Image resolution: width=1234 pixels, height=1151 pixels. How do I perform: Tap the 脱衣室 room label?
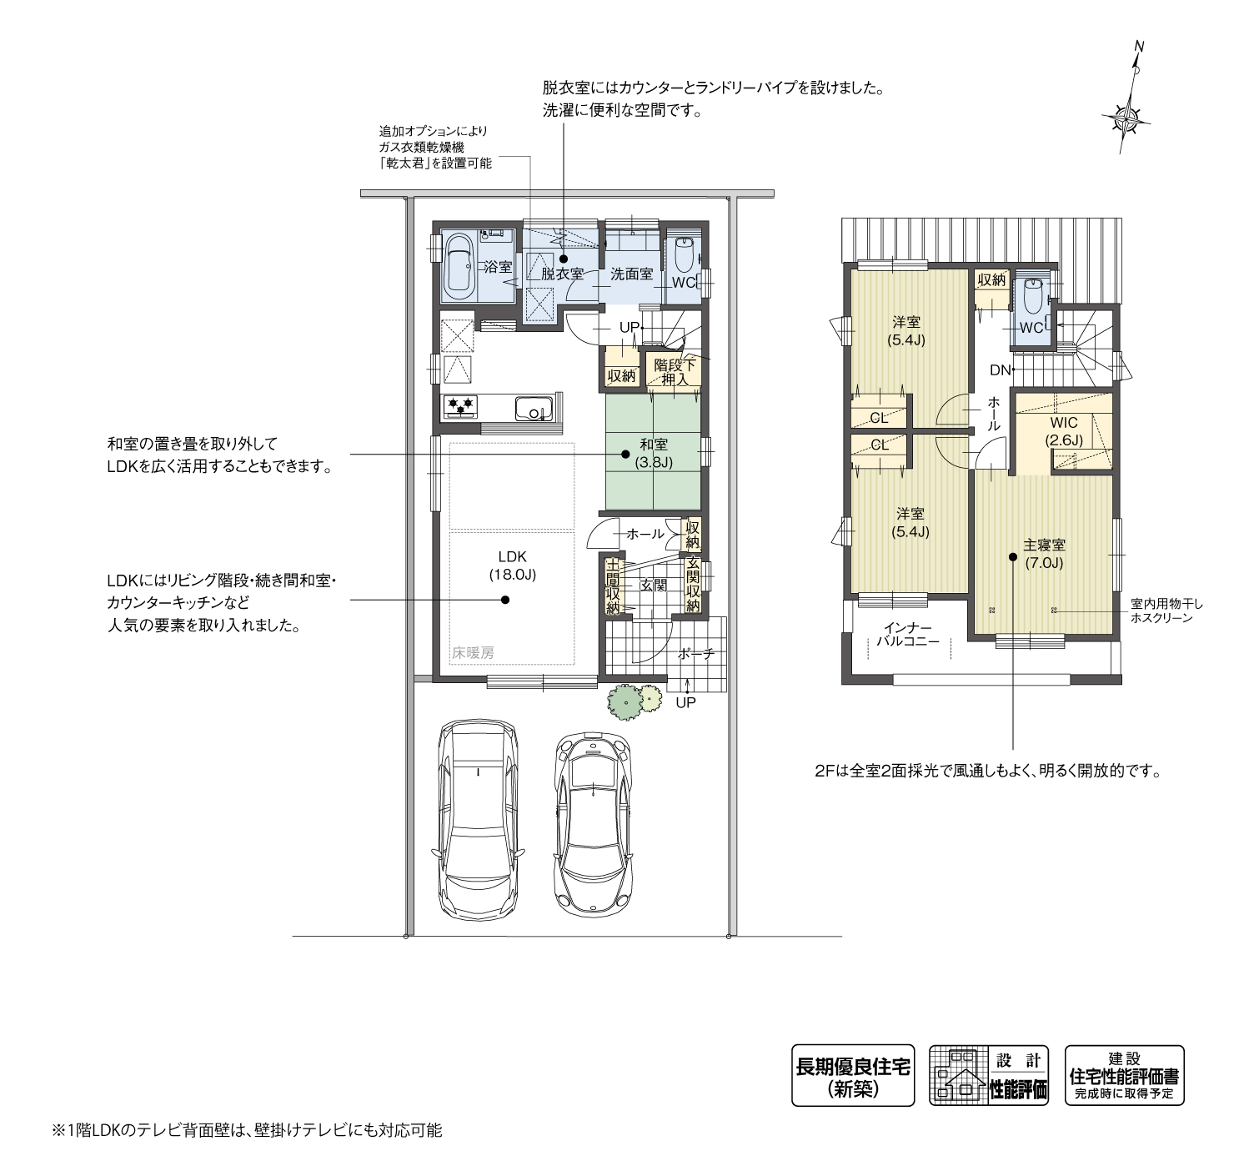(562, 274)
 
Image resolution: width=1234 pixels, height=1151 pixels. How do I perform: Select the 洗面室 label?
(631, 274)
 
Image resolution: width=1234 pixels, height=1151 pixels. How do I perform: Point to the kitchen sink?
(533, 410)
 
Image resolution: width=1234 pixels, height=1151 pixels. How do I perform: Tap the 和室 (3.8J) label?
(654, 454)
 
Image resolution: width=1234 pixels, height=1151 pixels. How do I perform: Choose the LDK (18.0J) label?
(513, 565)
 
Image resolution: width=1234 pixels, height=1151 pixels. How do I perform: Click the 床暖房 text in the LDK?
(473, 653)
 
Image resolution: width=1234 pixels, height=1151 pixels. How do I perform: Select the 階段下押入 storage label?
(675, 372)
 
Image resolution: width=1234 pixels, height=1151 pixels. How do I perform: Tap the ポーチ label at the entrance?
(696, 654)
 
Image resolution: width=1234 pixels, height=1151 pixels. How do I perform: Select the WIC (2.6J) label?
(1064, 431)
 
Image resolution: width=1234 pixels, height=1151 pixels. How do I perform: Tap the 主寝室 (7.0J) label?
(1044, 554)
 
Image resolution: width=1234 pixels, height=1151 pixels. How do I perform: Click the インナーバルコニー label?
(908, 634)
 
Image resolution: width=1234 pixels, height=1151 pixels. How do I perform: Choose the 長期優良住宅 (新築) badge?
(853, 1075)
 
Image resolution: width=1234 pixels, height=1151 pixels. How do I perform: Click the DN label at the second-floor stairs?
(1000, 370)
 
